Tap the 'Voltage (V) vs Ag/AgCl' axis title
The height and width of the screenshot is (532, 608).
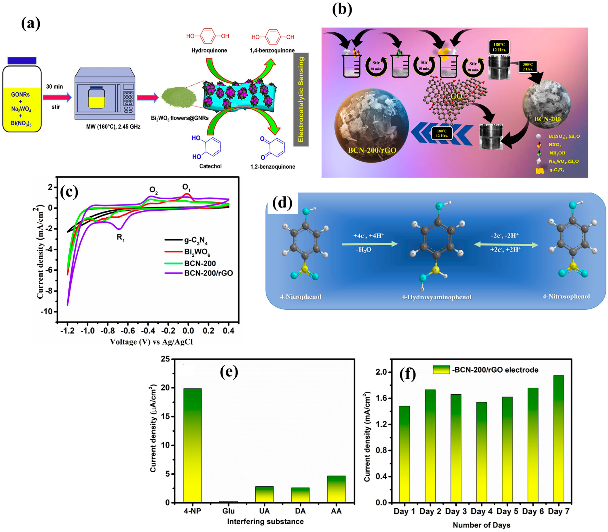pyautogui.click(x=151, y=342)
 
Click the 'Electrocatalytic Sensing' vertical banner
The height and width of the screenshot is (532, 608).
pyautogui.click(x=301, y=99)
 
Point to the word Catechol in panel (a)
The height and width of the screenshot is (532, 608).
pyautogui.click(x=210, y=166)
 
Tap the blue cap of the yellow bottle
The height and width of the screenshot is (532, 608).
pyautogui.click(x=22, y=61)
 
